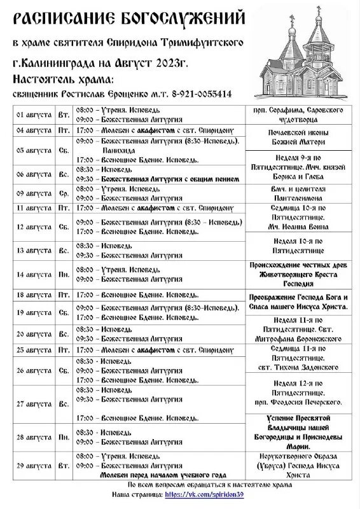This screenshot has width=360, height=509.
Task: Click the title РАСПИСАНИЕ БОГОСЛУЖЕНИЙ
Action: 128,18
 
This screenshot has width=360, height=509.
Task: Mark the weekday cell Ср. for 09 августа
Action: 64,193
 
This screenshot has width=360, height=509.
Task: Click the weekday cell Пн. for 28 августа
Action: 64,437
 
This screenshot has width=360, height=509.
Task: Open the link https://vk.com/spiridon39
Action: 204,494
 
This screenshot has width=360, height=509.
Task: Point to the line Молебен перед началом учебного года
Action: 163,475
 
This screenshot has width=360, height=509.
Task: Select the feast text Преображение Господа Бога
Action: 298,298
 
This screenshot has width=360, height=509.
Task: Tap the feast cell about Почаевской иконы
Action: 297,134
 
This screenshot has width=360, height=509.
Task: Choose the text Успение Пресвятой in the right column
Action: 297,418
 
